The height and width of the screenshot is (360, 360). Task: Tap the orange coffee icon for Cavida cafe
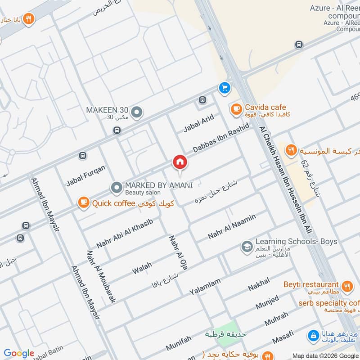(x=235, y=108)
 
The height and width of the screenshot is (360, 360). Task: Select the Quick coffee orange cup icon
(x=83, y=203)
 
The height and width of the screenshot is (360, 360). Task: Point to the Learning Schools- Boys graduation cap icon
(x=247, y=246)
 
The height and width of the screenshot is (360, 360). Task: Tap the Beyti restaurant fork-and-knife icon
(x=347, y=285)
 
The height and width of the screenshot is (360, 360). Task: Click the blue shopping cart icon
(x=224, y=88)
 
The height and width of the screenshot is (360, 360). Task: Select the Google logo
(x=19, y=353)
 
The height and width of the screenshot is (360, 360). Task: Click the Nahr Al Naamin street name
(x=232, y=227)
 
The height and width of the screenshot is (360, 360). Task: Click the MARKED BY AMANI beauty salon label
(x=159, y=185)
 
